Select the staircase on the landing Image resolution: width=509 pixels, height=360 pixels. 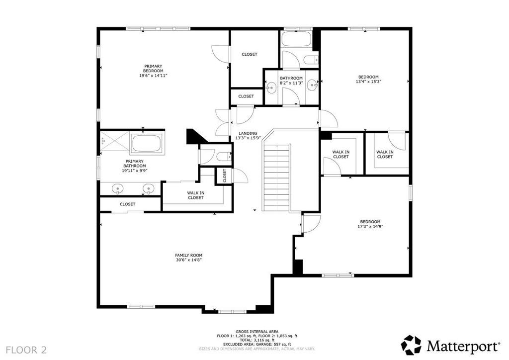click(x=276, y=178)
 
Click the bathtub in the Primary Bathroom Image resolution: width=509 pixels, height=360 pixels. click(x=147, y=144)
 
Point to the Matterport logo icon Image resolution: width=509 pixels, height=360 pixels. click(x=411, y=345)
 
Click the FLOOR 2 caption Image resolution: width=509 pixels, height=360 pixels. click(x=26, y=350)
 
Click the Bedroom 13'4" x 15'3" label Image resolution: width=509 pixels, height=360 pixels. click(x=368, y=80)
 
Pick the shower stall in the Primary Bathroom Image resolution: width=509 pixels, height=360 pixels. click(x=115, y=141)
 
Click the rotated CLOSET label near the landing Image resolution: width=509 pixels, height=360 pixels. click(x=224, y=176)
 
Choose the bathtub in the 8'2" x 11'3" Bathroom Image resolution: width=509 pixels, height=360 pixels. click(x=296, y=39)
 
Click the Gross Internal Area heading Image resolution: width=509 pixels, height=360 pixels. click(x=257, y=332)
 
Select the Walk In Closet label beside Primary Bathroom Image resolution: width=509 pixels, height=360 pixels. click(x=196, y=195)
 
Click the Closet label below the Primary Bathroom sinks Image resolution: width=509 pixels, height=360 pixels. click(x=128, y=204)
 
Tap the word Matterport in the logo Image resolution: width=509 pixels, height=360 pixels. click(x=463, y=346)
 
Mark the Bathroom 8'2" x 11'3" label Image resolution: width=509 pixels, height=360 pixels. click(x=291, y=81)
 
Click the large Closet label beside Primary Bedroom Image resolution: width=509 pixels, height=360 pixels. click(x=250, y=54)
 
